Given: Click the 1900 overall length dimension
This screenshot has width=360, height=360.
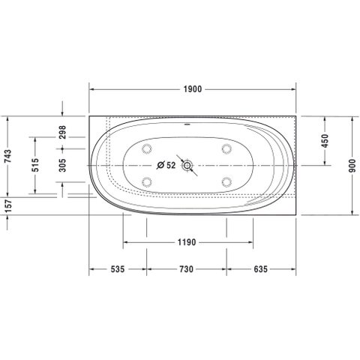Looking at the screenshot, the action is click(193, 89).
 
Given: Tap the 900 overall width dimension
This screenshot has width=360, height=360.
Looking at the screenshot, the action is click(352, 166).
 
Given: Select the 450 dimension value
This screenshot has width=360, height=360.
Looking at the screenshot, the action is click(325, 141).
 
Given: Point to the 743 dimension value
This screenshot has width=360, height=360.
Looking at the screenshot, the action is click(8, 156).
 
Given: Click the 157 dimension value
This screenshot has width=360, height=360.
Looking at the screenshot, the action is click(8, 206).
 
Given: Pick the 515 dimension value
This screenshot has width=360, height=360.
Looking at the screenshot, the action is click(35, 165).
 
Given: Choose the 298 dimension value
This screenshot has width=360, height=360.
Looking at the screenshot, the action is click(62, 132).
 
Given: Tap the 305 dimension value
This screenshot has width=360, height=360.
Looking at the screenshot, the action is click(62, 165).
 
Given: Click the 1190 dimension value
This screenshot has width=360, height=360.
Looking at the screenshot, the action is click(187, 242).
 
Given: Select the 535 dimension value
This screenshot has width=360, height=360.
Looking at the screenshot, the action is click(118, 269).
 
